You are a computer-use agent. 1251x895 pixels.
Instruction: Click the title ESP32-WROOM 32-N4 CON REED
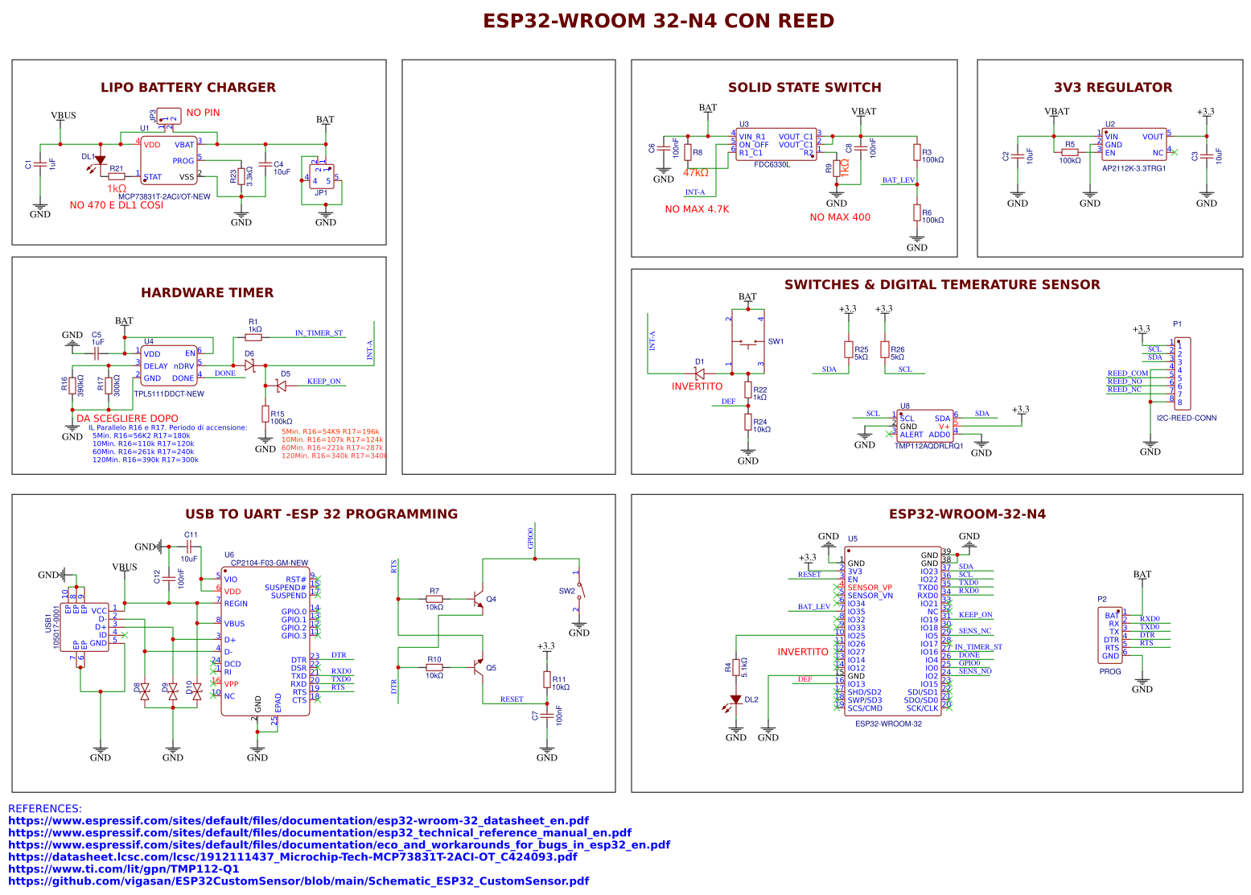pos(658,22)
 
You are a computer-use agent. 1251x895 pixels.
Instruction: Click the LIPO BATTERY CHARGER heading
pos(187,88)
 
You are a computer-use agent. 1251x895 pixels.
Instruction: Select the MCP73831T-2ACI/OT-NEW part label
pos(164,196)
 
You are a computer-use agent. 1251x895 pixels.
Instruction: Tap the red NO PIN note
pos(203,113)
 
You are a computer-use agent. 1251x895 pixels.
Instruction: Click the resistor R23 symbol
pos(241,176)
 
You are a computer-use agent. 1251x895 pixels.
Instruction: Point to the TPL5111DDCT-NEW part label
pos(169,394)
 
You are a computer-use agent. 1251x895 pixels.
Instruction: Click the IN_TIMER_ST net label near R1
pos(319,332)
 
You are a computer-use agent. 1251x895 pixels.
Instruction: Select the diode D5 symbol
pos(281,386)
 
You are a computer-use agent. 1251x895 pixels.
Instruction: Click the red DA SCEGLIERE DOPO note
pos(127,419)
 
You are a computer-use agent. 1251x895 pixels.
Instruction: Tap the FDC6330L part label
pos(772,165)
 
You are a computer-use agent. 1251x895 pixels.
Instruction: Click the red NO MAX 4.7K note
pos(697,209)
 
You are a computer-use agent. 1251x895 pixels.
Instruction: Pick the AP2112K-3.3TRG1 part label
pos(1134,168)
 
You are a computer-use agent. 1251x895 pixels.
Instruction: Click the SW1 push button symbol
pos(748,343)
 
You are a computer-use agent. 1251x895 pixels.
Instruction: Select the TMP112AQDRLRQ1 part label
pos(928,446)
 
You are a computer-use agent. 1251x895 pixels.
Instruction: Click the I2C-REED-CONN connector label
pos(1186,418)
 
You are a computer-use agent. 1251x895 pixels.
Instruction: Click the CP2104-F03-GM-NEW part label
pos(269,563)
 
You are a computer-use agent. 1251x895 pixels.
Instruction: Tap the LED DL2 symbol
pos(735,700)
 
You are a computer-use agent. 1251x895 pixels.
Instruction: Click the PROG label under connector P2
pos(1110,671)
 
